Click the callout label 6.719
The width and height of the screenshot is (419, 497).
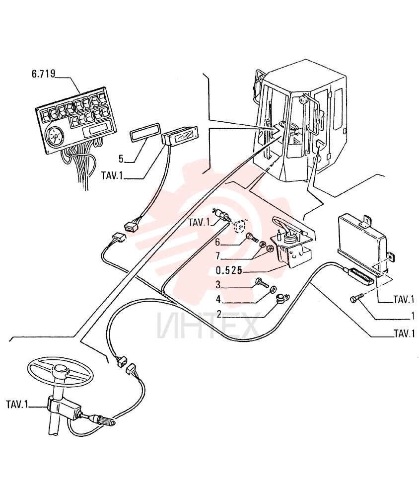point(43,74)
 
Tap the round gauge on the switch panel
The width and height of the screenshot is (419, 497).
point(55,137)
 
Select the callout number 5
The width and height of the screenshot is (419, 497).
point(121,159)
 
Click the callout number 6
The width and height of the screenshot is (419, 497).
point(217,242)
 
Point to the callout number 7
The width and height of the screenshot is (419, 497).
point(217,255)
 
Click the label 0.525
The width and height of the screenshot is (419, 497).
point(229,270)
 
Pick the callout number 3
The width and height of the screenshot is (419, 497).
point(218,285)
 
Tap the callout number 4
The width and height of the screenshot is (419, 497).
point(218,299)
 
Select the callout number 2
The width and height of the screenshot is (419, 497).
point(218,314)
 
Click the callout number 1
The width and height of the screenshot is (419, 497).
point(413,316)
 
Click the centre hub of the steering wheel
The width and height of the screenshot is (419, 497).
point(61,369)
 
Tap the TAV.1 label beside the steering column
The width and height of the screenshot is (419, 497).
point(17,405)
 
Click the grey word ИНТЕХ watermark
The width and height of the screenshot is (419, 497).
point(208,325)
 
